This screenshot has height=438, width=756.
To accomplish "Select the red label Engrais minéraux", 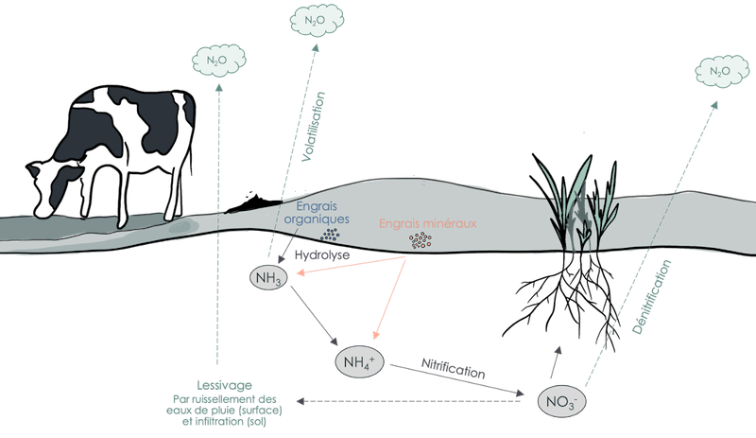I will tap(416, 225).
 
